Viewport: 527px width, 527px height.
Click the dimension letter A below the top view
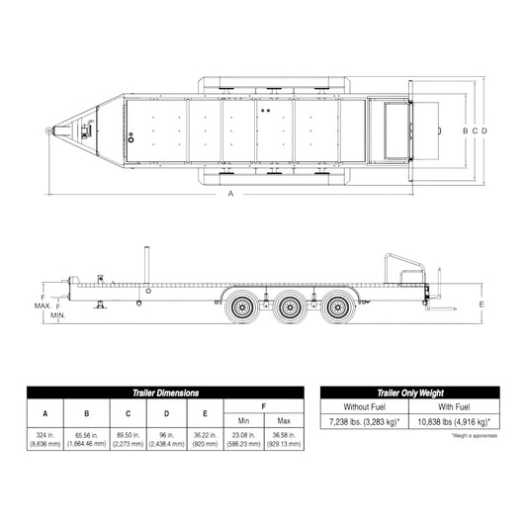[x=230, y=194]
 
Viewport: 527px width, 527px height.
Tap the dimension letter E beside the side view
[x=481, y=306]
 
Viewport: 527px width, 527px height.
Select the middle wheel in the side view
[x=289, y=307]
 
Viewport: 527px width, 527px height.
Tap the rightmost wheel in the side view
[x=338, y=307]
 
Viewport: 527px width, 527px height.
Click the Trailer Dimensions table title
[x=165, y=393]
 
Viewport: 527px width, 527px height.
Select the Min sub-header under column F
[x=244, y=421]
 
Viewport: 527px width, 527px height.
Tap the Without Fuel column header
[x=365, y=406]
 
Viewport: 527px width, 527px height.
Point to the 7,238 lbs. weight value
[x=365, y=421]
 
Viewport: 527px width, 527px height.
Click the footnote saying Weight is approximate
[x=474, y=435]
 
